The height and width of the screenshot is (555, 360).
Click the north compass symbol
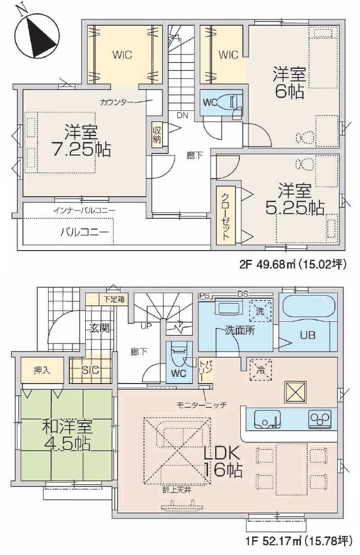36,34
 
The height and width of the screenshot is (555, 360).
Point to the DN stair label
183,116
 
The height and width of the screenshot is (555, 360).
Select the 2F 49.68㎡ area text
292,264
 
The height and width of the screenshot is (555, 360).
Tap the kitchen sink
267,419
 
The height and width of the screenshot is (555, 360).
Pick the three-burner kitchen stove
320,419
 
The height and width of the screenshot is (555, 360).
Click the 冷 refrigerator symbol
260,370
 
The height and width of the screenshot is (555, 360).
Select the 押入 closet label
42,370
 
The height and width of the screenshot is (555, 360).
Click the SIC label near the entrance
90,370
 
